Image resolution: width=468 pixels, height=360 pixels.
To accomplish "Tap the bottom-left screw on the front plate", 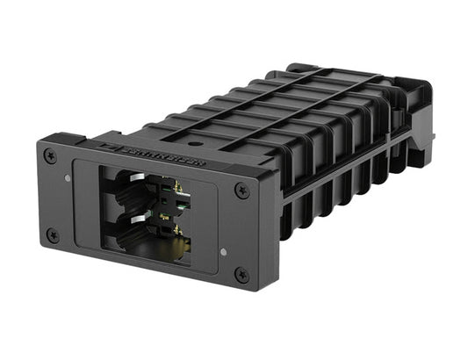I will (52, 234).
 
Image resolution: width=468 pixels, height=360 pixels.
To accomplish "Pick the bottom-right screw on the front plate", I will (241, 275).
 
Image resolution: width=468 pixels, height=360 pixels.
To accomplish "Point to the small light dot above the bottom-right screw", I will (224, 251).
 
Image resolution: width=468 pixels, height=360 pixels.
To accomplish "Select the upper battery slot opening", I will (136, 190).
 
